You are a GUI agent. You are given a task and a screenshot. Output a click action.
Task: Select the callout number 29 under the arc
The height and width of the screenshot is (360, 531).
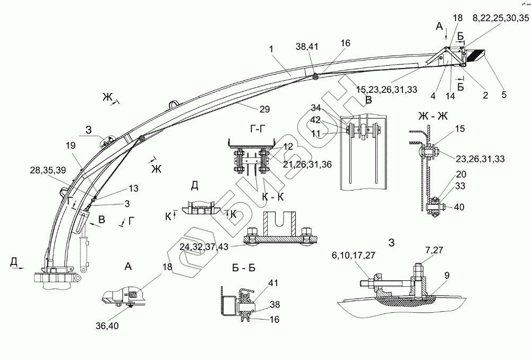point(264,109)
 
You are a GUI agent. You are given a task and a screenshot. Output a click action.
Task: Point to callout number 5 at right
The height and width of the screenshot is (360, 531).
point(504,95)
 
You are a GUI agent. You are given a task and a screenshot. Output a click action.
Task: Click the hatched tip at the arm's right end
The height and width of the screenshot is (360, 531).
point(478,55)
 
